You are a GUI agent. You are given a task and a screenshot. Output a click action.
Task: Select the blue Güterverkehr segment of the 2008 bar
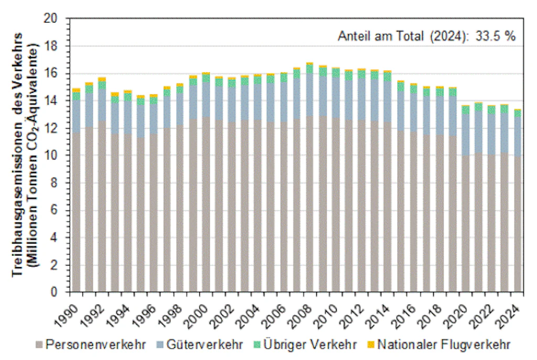309,94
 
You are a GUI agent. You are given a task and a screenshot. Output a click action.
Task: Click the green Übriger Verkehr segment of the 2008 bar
309,69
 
